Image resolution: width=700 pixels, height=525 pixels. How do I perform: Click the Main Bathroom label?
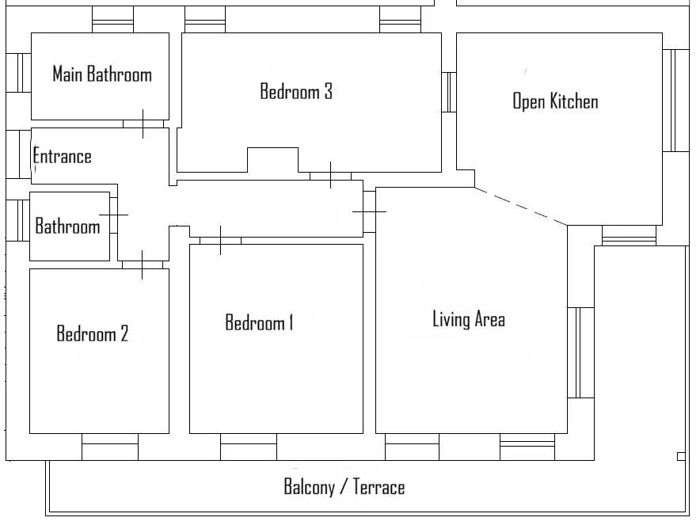click(x=101, y=75)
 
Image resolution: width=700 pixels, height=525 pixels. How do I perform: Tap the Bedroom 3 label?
click(x=296, y=92)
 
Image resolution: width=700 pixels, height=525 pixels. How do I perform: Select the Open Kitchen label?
click(x=555, y=101)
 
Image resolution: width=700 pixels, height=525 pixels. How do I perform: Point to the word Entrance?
click(x=63, y=157)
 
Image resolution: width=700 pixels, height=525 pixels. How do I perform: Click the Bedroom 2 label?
click(x=92, y=333)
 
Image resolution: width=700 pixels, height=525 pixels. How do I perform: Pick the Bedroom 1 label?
click(x=259, y=323)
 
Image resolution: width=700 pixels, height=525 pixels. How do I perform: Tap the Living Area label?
click(x=468, y=320)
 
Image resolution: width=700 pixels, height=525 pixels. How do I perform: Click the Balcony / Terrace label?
click(x=344, y=487)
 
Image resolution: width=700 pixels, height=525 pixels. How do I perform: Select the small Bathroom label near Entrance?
click(x=67, y=227)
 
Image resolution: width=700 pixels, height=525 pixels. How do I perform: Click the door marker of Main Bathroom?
click(x=143, y=124)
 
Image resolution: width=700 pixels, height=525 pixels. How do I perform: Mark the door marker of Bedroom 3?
click(x=330, y=175)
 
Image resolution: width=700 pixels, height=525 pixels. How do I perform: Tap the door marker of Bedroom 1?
click(x=219, y=241)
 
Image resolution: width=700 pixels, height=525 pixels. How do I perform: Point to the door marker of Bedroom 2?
click(x=143, y=264)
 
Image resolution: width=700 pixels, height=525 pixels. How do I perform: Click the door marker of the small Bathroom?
click(x=113, y=215)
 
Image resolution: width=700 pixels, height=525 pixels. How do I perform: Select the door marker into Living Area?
click(x=369, y=211)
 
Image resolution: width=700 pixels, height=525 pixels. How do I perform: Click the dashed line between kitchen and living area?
click(x=521, y=207)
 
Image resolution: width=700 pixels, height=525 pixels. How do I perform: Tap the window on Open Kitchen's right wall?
click(x=675, y=101)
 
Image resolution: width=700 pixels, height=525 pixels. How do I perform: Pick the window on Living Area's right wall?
click(x=581, y=352)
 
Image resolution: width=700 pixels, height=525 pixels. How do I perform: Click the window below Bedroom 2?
click(x=110, y=447)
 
